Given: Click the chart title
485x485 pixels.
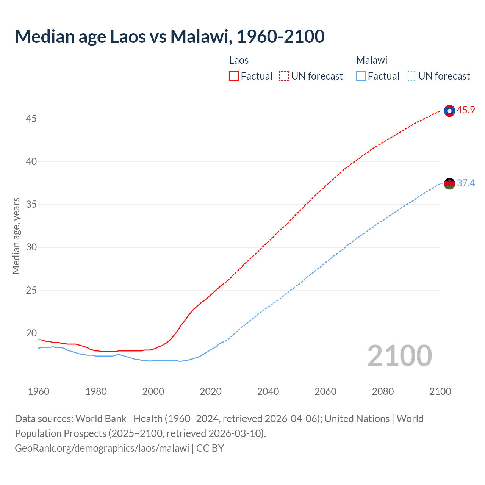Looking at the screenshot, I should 170,36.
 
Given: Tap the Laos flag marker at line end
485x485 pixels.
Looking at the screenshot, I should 449,111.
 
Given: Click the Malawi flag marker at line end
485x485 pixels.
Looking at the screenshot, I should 449,184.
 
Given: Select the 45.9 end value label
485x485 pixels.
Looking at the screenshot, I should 466,110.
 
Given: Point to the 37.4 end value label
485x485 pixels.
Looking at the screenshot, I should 466,183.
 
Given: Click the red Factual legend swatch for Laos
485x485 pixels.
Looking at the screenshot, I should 234,76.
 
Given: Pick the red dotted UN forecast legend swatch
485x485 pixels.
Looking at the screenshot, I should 284,76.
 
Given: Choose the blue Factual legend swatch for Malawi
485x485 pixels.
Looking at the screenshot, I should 361,76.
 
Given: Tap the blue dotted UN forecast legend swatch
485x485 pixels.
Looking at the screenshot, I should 411,76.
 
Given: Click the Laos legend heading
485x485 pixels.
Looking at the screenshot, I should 239,60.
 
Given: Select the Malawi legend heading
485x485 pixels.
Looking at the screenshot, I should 372,60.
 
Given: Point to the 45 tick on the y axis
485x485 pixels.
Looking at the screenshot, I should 31,119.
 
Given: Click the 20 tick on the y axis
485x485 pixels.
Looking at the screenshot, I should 31,333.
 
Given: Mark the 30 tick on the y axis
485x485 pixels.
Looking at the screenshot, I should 31,247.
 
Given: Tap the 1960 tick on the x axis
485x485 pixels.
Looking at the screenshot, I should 39,391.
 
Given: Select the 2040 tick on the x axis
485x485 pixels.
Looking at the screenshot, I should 268,391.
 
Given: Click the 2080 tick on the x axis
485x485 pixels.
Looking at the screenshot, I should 383,391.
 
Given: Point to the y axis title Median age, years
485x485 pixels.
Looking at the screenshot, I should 16,236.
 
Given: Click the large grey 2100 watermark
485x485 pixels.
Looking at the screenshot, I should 400,356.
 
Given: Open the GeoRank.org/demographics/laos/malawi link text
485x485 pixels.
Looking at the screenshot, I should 102,448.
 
